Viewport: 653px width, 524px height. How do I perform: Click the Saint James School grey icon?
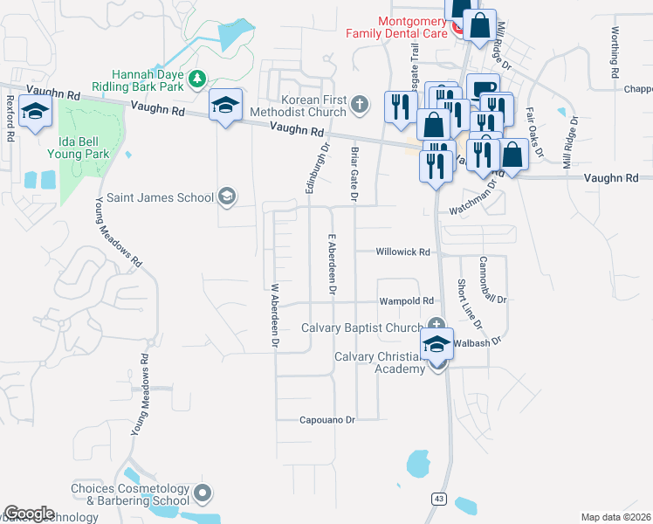(227, 196)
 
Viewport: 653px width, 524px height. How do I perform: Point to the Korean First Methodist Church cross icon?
(360, 106)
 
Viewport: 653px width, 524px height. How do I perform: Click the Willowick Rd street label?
(403, 252)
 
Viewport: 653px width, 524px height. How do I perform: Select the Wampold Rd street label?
(406, 301)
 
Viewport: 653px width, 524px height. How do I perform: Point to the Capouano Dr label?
(328, 420)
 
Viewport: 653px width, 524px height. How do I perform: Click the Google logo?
(29, 513)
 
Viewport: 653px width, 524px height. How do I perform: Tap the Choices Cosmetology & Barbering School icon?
(203, 493)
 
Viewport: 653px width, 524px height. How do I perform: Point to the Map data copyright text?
(615, 517)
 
